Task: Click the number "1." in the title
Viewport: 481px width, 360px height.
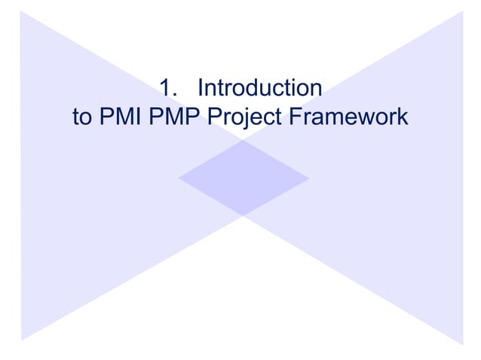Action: click(x=170, y=89)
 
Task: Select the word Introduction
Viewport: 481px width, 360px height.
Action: click(x=259, y=89)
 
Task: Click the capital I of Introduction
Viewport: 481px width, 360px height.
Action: click(x=200, y=89)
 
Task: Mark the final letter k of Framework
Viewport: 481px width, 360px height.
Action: click(x=403, y=117)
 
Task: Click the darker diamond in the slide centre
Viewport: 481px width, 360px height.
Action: click(x=244, y=178)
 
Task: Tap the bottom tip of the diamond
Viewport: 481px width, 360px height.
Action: click(x=244, y=216)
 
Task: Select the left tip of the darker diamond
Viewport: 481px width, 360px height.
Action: click(x=179, y=178)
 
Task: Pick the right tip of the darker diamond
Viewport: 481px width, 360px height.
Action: click(x=309, y=178)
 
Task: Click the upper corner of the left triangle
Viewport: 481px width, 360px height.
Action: click(x=22, y=11)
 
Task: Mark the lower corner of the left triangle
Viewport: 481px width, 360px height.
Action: click(x=22, y=338)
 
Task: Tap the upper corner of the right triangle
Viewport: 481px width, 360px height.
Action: click(x=461, y=11)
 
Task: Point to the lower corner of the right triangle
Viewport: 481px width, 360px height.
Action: click(x=461, y=343)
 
